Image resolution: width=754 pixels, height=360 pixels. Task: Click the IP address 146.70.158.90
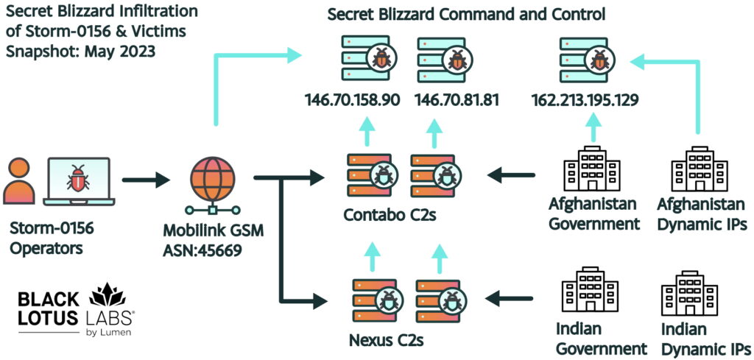point(353,99)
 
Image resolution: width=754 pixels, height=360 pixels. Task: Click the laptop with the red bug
point(78,182)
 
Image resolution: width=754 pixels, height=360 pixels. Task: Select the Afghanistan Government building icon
point(593,169)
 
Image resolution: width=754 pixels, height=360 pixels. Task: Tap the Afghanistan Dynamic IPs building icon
point(698,169)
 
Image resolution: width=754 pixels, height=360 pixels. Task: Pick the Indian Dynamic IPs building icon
point(689,294)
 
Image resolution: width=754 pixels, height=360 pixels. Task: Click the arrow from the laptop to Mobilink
point(147,180)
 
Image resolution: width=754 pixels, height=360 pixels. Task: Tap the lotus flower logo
point(108,294)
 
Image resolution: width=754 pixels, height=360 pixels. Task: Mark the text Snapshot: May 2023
point(80,51)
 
